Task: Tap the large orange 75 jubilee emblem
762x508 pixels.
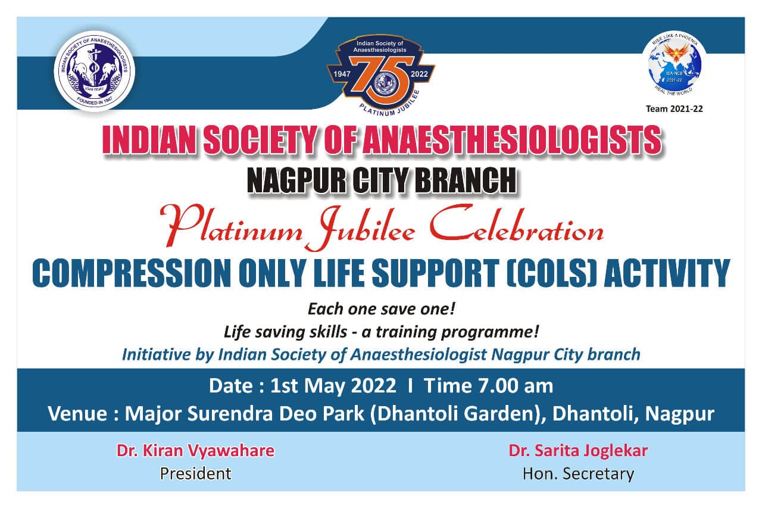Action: (380, 72)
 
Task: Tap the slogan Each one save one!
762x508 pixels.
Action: (381, 310)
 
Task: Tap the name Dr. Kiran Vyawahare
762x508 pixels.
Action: (195, 451)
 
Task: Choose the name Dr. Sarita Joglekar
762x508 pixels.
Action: (577, 451)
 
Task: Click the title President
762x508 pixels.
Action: (195, 473)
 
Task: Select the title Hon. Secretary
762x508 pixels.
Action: (577, 473)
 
